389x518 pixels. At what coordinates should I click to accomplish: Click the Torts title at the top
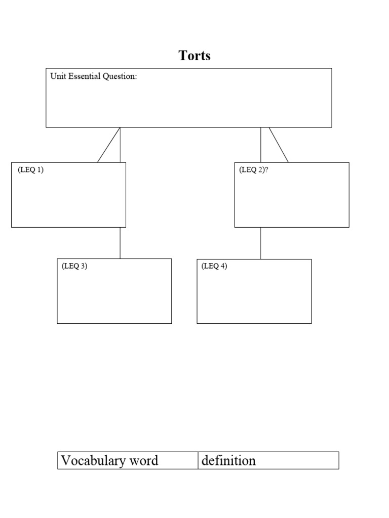click(194, 56)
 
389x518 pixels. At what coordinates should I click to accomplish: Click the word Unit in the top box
click(57, 77)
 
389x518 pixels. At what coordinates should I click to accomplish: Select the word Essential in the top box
click(83, 77)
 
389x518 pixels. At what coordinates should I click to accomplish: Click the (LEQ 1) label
click(31, 170)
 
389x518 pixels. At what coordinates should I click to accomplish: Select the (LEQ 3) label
click(75, 266)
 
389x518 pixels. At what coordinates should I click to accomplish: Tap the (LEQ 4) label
click(214, 266)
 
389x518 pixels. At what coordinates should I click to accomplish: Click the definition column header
click(228, 460)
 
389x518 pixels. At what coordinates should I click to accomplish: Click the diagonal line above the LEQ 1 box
click(108, 145)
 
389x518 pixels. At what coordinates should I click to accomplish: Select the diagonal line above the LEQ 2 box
click(279, 145)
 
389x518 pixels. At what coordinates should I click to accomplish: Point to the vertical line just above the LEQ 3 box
click(120, 243)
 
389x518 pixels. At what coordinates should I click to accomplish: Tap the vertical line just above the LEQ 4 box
click(261, 243)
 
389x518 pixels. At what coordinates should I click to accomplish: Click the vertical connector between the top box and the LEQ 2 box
click(261, 145)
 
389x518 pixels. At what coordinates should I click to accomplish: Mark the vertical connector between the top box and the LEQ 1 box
click(120, 145)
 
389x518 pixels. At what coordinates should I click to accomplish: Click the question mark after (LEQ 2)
click(266, 170)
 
